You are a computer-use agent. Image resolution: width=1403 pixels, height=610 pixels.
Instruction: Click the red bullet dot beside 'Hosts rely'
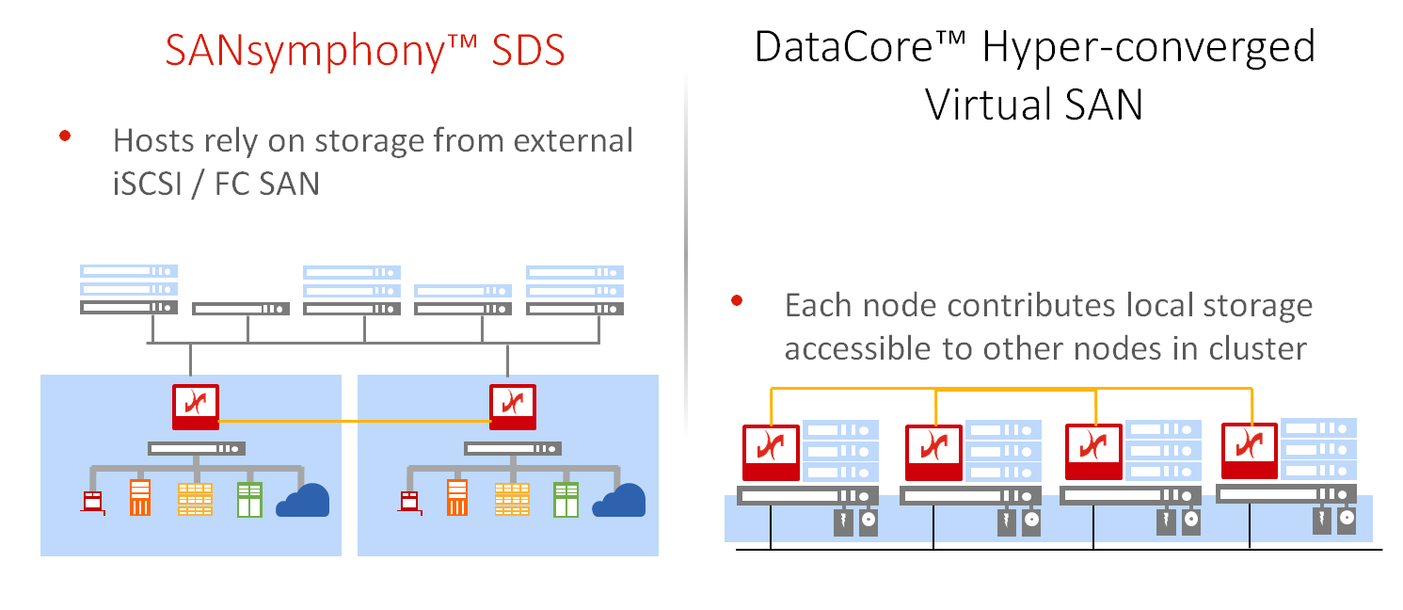pos(65,136)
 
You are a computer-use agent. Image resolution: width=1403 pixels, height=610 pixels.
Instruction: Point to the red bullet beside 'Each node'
pos(738,301)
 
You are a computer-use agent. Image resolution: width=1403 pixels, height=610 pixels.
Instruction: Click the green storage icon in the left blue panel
pos(249,499)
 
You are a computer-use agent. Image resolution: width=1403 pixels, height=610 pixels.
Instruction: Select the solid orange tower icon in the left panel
pos(140,498)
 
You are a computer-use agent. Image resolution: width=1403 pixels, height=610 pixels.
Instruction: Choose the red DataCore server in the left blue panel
pos(196,407)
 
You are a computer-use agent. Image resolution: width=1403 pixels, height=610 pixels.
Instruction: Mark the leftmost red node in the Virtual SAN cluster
pos(771,453)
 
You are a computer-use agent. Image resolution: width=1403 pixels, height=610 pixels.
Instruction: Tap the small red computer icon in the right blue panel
pos(408,503)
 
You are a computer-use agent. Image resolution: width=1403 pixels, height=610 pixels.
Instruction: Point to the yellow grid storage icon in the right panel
pos(511,499)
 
